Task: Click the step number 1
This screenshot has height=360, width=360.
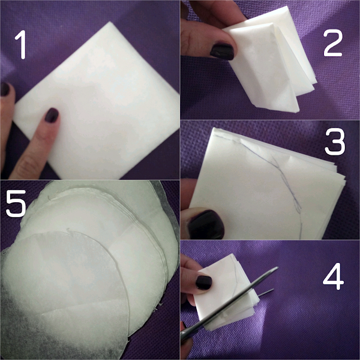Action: [x=21, y=44]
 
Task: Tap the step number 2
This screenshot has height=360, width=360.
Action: [x=332, y=43]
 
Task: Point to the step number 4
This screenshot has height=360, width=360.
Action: [x=333, y=276]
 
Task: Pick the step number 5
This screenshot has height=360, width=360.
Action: [x=16, y=203]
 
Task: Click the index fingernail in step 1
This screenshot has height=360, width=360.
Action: [x=52, y=115]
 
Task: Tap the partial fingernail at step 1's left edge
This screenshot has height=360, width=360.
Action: [x=5, y=89]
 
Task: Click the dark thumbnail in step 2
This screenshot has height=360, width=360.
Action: [x=222, y=52]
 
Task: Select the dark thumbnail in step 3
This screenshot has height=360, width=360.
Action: [x=206, y=224]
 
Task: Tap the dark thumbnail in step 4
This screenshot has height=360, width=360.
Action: [x=203, y=283]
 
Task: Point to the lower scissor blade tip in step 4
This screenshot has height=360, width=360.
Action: [x=273, y=290]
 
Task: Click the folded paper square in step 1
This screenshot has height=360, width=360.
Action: [x=97, y=101]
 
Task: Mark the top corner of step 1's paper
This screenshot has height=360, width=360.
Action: [x=110, y=22]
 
